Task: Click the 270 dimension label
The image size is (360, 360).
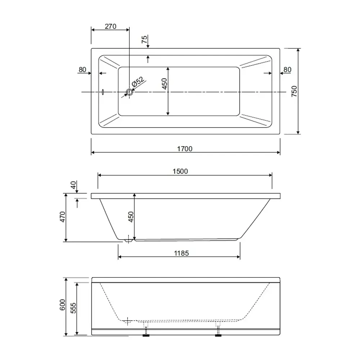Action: click(111, 26)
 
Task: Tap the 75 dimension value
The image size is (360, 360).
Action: click(144, 40)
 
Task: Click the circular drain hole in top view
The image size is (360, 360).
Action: click(130, 92)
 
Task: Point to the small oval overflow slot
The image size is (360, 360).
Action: click(103, 92)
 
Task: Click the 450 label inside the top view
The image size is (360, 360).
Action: click(165, 84)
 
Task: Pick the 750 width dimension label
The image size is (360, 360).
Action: click(294, 91)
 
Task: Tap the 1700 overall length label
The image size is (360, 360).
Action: click(185, 149)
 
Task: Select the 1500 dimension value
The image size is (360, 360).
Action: click(180, 171)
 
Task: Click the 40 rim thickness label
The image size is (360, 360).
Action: click(73, 185)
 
